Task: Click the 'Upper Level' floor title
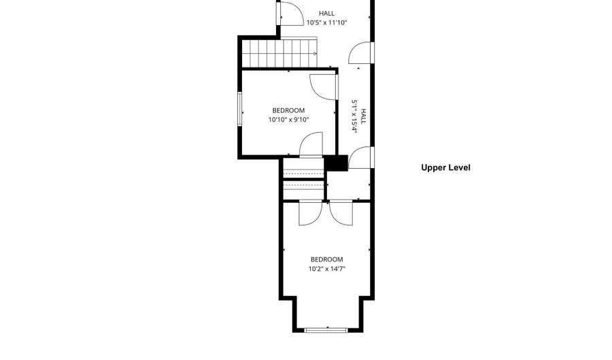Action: click(445, 167)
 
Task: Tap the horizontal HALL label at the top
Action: click(326, 13)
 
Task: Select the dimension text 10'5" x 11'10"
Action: click(326, 22)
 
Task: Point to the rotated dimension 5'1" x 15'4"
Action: click(354, 116)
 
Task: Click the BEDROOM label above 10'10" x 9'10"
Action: click(288, 110)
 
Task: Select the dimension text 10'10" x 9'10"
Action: click(288, 120)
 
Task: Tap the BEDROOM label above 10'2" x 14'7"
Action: click(326, 259)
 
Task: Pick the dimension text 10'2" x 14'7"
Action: click(326, 269)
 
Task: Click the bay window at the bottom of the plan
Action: click(326, 330)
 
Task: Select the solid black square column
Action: click(336, 163)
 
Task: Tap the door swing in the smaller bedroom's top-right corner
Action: click(322, 85)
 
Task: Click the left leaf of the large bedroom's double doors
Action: click(309, 213)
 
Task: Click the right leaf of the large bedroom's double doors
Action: click(341, 213)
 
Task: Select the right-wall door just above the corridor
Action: click(361, 54)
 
